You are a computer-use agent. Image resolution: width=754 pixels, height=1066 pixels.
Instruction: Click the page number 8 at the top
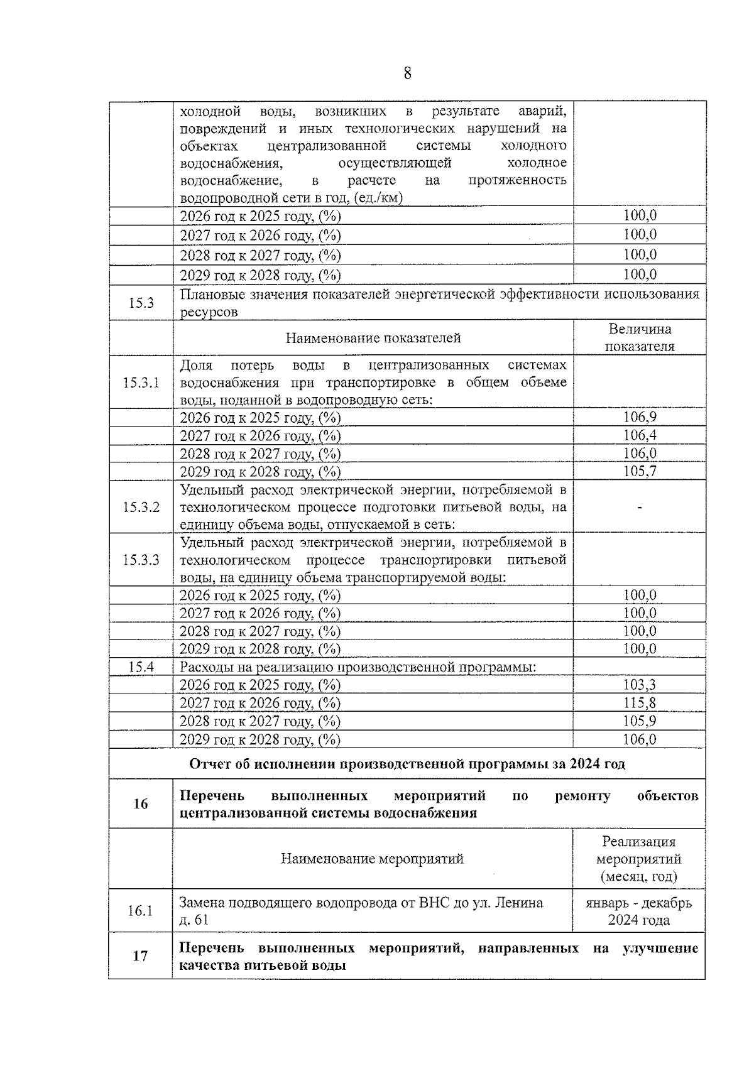point(407,74)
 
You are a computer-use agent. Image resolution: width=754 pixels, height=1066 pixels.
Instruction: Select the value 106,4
point(640,435)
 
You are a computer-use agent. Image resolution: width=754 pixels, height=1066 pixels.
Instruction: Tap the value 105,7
point(640,471)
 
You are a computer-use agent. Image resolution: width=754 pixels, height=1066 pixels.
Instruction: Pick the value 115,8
point(639,703)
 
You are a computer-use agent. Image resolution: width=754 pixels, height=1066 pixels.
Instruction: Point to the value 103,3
point(639,685)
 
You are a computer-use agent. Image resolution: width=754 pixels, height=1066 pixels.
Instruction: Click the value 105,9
point(639,721)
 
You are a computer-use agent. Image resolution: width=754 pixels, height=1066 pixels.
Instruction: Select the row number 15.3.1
point(141,383)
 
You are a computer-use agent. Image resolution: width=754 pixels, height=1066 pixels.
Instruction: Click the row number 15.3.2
point(141,507)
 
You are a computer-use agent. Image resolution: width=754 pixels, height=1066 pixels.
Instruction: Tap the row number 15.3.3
point(141,560)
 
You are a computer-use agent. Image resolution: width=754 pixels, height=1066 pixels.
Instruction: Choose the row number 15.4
point(141,667)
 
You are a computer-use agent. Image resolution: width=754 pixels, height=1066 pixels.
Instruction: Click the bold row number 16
point(141,804)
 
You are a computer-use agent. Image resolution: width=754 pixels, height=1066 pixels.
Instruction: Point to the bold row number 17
point(141,956)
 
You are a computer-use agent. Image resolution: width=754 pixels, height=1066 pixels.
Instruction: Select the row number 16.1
point(141,910)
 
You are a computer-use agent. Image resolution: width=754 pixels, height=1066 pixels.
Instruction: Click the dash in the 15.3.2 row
point(640,508)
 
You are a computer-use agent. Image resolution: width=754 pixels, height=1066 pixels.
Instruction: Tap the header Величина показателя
point(640,338)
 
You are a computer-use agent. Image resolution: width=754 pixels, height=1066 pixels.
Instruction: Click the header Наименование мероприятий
point(372,859)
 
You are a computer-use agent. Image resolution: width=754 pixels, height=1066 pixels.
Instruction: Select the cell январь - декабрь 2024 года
point(638,911)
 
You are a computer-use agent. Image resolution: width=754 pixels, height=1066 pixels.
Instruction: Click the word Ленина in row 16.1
point(519,903)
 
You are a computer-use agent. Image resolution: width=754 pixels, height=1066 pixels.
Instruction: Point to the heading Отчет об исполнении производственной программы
point(407,764)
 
